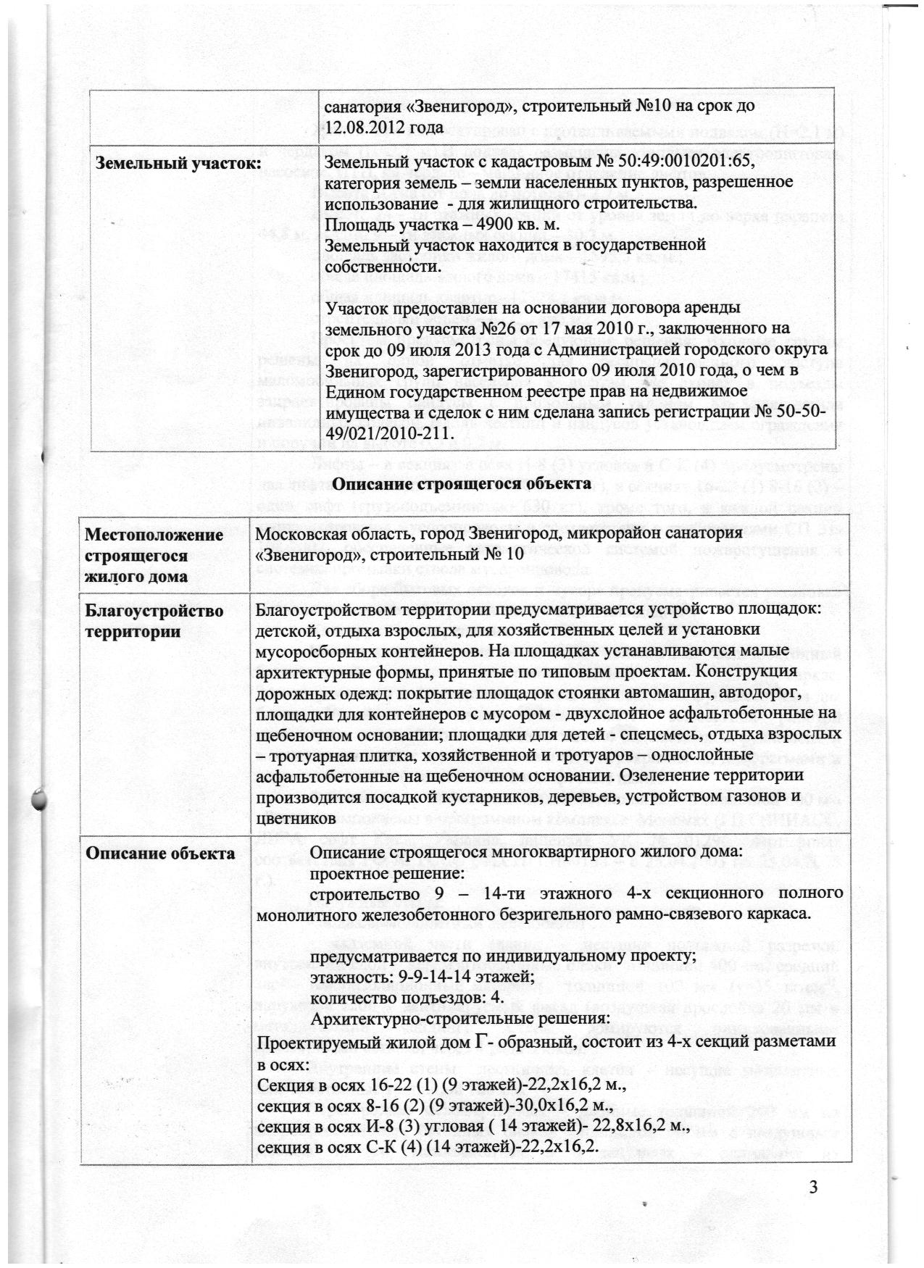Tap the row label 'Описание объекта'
click(159, 854)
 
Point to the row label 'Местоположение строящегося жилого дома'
click(154, 555)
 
